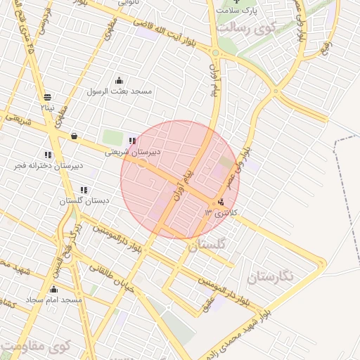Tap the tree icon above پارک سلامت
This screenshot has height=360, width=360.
[236, 2]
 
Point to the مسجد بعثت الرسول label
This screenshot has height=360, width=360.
[119, 91]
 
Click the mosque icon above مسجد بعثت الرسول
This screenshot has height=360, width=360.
[119, 80]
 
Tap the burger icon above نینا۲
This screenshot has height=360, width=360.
[47, 97]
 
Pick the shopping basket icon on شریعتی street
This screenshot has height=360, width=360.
[74, 136]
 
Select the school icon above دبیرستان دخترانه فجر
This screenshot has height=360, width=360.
[48, 155]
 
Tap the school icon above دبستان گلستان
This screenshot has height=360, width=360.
[84, 190]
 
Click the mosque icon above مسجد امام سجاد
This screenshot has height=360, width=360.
[53, 289]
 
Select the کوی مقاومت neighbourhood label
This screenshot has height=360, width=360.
[35, 347]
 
